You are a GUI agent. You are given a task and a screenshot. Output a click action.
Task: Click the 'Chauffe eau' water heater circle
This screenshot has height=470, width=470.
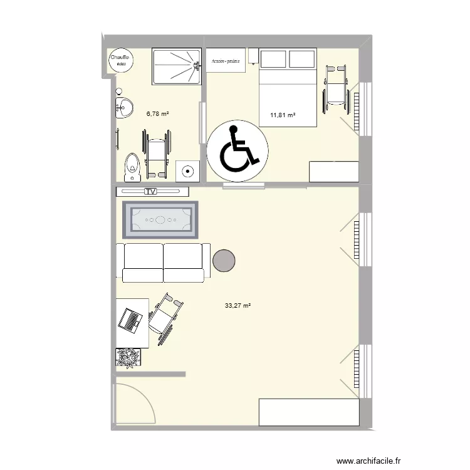pyautogui.click(x=119, y=61)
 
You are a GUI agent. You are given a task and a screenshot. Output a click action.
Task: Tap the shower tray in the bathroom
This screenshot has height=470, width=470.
pyautogui.click(x=177, y=66)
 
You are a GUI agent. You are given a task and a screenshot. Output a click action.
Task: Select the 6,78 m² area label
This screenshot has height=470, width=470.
pyautogui.click(x=158, y=114)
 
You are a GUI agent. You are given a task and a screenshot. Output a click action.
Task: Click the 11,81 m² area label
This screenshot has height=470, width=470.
pyautogui.click(x=283, y=115)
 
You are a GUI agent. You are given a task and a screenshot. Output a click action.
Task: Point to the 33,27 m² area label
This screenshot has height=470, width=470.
pyautogui.click(x=238, y=306)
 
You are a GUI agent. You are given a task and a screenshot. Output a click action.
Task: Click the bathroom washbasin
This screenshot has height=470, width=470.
pyautogui.click(x=124, y=108)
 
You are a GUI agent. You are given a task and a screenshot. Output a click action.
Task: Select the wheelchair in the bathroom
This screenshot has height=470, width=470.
pyautogui.click(x=156, y=152)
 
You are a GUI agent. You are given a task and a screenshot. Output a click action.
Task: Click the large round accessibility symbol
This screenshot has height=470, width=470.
pyautogui.click(x=238, y=151)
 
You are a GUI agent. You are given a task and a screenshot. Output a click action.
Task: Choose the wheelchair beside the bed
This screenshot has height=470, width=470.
pyautogui.click(x=336, y=87)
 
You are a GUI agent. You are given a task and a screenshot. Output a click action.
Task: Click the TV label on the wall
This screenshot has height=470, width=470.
pyautogui.click(x=150, y=192)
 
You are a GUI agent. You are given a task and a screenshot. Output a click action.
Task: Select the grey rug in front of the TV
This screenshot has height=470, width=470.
pyautogui.click(x=160, y=220)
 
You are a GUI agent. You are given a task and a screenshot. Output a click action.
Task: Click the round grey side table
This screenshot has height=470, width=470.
pyautogui.click(x=224, y=260)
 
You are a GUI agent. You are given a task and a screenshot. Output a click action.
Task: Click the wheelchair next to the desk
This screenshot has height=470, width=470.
pyautogui.click(x=165, y=318)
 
